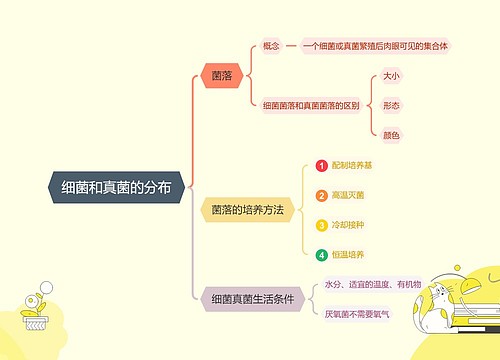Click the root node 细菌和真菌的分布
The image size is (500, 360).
pos(115,187)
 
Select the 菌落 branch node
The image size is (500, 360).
pos(222,75)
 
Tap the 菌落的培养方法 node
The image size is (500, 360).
pos(247,210)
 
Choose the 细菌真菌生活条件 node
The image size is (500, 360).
pos(252,299)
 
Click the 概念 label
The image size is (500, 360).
pos(271,46)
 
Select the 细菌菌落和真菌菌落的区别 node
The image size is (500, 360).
pos(311,105)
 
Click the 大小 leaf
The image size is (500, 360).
pos(392,76)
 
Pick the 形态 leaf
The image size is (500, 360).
pos(392,105)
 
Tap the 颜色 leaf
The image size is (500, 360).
pos(392,134)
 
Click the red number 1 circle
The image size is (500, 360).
pos(321,166)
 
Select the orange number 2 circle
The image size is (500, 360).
pos(321,196)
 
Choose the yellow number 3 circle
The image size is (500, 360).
pos(321,226)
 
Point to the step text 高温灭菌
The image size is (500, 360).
pos(348,196)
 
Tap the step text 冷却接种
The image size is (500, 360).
pos(348,226)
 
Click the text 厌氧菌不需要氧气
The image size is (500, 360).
pos(359,314)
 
